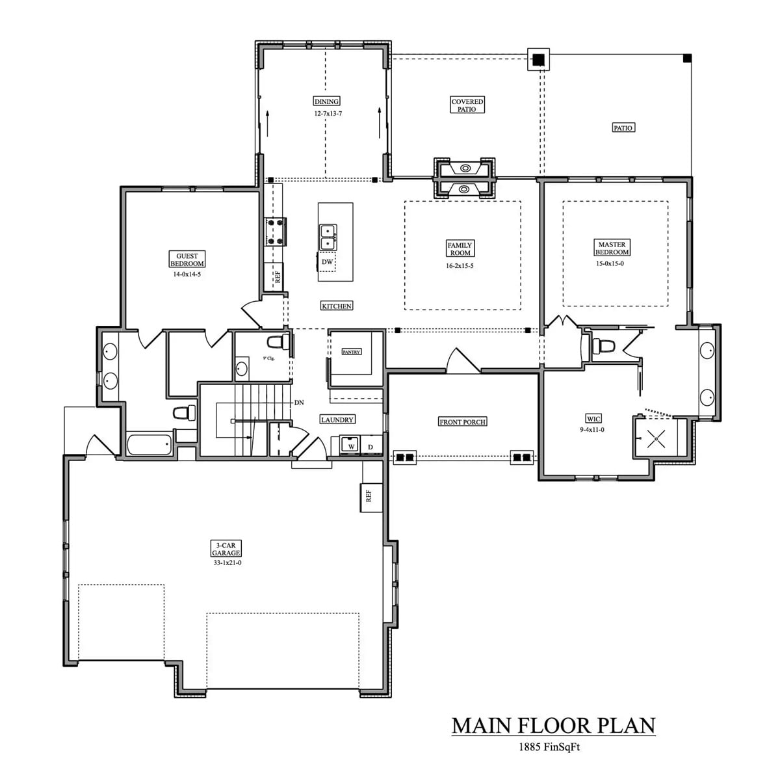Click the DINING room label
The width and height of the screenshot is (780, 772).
(326, 101)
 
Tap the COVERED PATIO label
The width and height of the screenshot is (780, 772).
(467, 105)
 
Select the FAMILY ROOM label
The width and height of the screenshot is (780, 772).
(460, 249)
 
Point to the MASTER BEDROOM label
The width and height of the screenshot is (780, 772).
(612, 248)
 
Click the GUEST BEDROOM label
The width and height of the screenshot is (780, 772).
(187, 260)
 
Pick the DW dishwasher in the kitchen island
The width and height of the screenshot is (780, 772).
(328, 262)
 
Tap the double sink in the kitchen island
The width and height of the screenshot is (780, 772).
(328, 236)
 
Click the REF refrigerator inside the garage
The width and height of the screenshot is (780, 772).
(369, 496)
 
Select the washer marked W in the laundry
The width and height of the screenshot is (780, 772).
(351, 447)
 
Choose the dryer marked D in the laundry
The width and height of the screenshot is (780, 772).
(370, 447)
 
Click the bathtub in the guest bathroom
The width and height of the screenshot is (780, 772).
(149, 446)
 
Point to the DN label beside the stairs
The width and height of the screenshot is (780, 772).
(299, 403)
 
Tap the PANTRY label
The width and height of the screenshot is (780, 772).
(351, 352)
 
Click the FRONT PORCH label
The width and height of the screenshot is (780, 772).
(463, 422)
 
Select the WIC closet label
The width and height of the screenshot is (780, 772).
(593, 419)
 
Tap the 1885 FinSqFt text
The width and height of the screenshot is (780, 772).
(549, 747)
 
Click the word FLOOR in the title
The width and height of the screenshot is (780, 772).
(562, 725)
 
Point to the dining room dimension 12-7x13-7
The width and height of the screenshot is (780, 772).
(328, 113)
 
